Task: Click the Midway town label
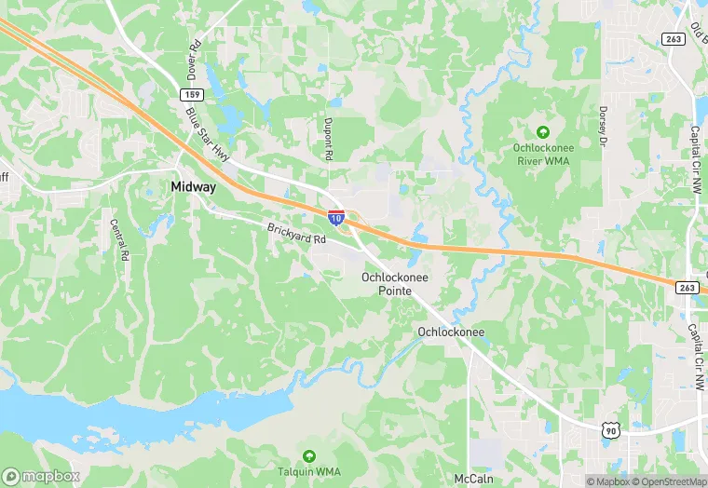pyautogui.click(x=193, y=187)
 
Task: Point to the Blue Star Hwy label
pyautogui.click(x=206, y=133)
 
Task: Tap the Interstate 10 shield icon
pyautogui.click(x=335, y=218)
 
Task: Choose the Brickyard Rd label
pyautogui.click(x=296, y=235)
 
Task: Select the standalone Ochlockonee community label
pyautogui.click(x=451, y=332)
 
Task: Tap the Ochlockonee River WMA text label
pyautogui.click(x=544, y=155)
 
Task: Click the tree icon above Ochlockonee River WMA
pyautogui.click(x=544, y=132)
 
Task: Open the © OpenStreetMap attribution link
pyautogui.click(x=670, y=481)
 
